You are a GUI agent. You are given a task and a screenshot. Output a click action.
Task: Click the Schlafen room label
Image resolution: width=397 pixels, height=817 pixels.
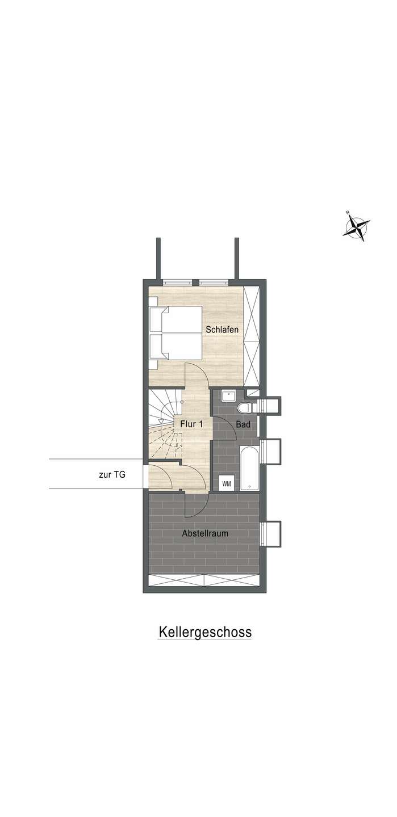(x=222, y=330)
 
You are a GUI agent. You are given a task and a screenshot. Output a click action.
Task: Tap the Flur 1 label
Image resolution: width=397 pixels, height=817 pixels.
(x=191, y=424)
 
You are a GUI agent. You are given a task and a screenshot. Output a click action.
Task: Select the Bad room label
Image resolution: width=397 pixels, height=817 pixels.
(x=243, y=424)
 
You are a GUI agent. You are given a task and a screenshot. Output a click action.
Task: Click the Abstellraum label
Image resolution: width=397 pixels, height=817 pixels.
(x=205, y=533)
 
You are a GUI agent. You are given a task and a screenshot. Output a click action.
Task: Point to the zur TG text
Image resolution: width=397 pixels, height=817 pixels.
(x=112, y=475)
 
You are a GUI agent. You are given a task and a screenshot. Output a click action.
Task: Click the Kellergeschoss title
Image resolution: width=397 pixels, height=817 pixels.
(x=205, y=632)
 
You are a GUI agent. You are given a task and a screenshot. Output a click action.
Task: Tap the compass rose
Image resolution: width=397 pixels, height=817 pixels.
(x=357, y=226)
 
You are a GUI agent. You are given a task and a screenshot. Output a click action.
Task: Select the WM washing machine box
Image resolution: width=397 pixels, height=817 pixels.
(x=227, y=484)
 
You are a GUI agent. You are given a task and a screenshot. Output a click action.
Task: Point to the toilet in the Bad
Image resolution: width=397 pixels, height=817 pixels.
(x=243, y=406)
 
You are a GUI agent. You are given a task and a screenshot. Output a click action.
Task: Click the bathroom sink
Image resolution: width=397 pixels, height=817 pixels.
(x=229, y=396)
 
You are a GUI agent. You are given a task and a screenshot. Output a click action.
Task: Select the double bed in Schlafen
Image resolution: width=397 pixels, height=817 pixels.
(x=175, y=332)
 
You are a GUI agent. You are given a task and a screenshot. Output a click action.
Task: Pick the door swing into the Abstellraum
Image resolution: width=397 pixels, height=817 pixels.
(x=196, y=505)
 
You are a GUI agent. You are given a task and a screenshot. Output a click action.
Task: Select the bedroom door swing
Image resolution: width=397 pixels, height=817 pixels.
(x=197, y=376)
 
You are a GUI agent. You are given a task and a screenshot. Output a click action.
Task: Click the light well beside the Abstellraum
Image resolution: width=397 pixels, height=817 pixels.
(x=271, y=534)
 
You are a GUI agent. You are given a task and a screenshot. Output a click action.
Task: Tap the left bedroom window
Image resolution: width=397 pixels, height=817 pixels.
(x=177, y=283)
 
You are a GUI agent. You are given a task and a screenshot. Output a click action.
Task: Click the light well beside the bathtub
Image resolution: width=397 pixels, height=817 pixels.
(x=271, y=451)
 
